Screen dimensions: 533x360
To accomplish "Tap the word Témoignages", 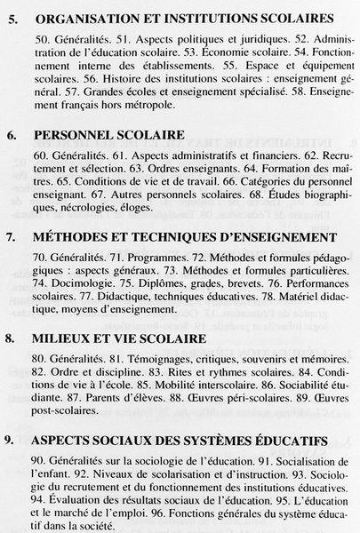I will (x=144, y=360).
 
